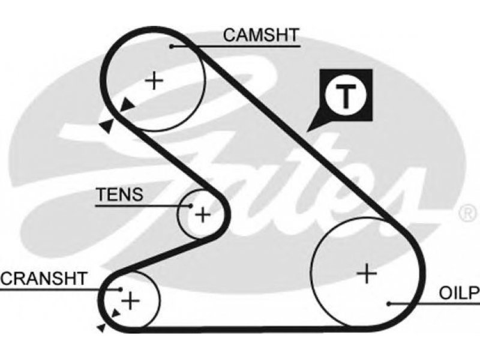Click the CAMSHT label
click(x=261, y=35)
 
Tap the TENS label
click(x=119, y=194)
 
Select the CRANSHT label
click(x=44, y=278)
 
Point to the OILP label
click(x=460, y=293)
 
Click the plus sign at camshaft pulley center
click(x=154, y=80)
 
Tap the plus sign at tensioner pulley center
click(x=203, y=214)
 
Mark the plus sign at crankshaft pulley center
click(x=130, y=301)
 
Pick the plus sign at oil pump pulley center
click(x=367, y=274)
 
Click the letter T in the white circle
click(x=346, y=95)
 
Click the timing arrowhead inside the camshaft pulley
click(x=127, y=105)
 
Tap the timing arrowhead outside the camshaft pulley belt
click(x=107, y=125)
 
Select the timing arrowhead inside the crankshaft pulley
click(x=116, y=313)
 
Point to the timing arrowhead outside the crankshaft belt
click(x=101, y=328)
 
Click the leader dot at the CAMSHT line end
click(x=172, y=47)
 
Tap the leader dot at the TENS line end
click(x=191, y=206)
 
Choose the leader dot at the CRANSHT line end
click(x=121, y=289)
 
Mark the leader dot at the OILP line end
click(x=389, y=304)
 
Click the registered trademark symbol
click(x=468, y=213)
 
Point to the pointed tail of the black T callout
click(x=307, y=131)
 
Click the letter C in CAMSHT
click(x=229, y=35)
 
